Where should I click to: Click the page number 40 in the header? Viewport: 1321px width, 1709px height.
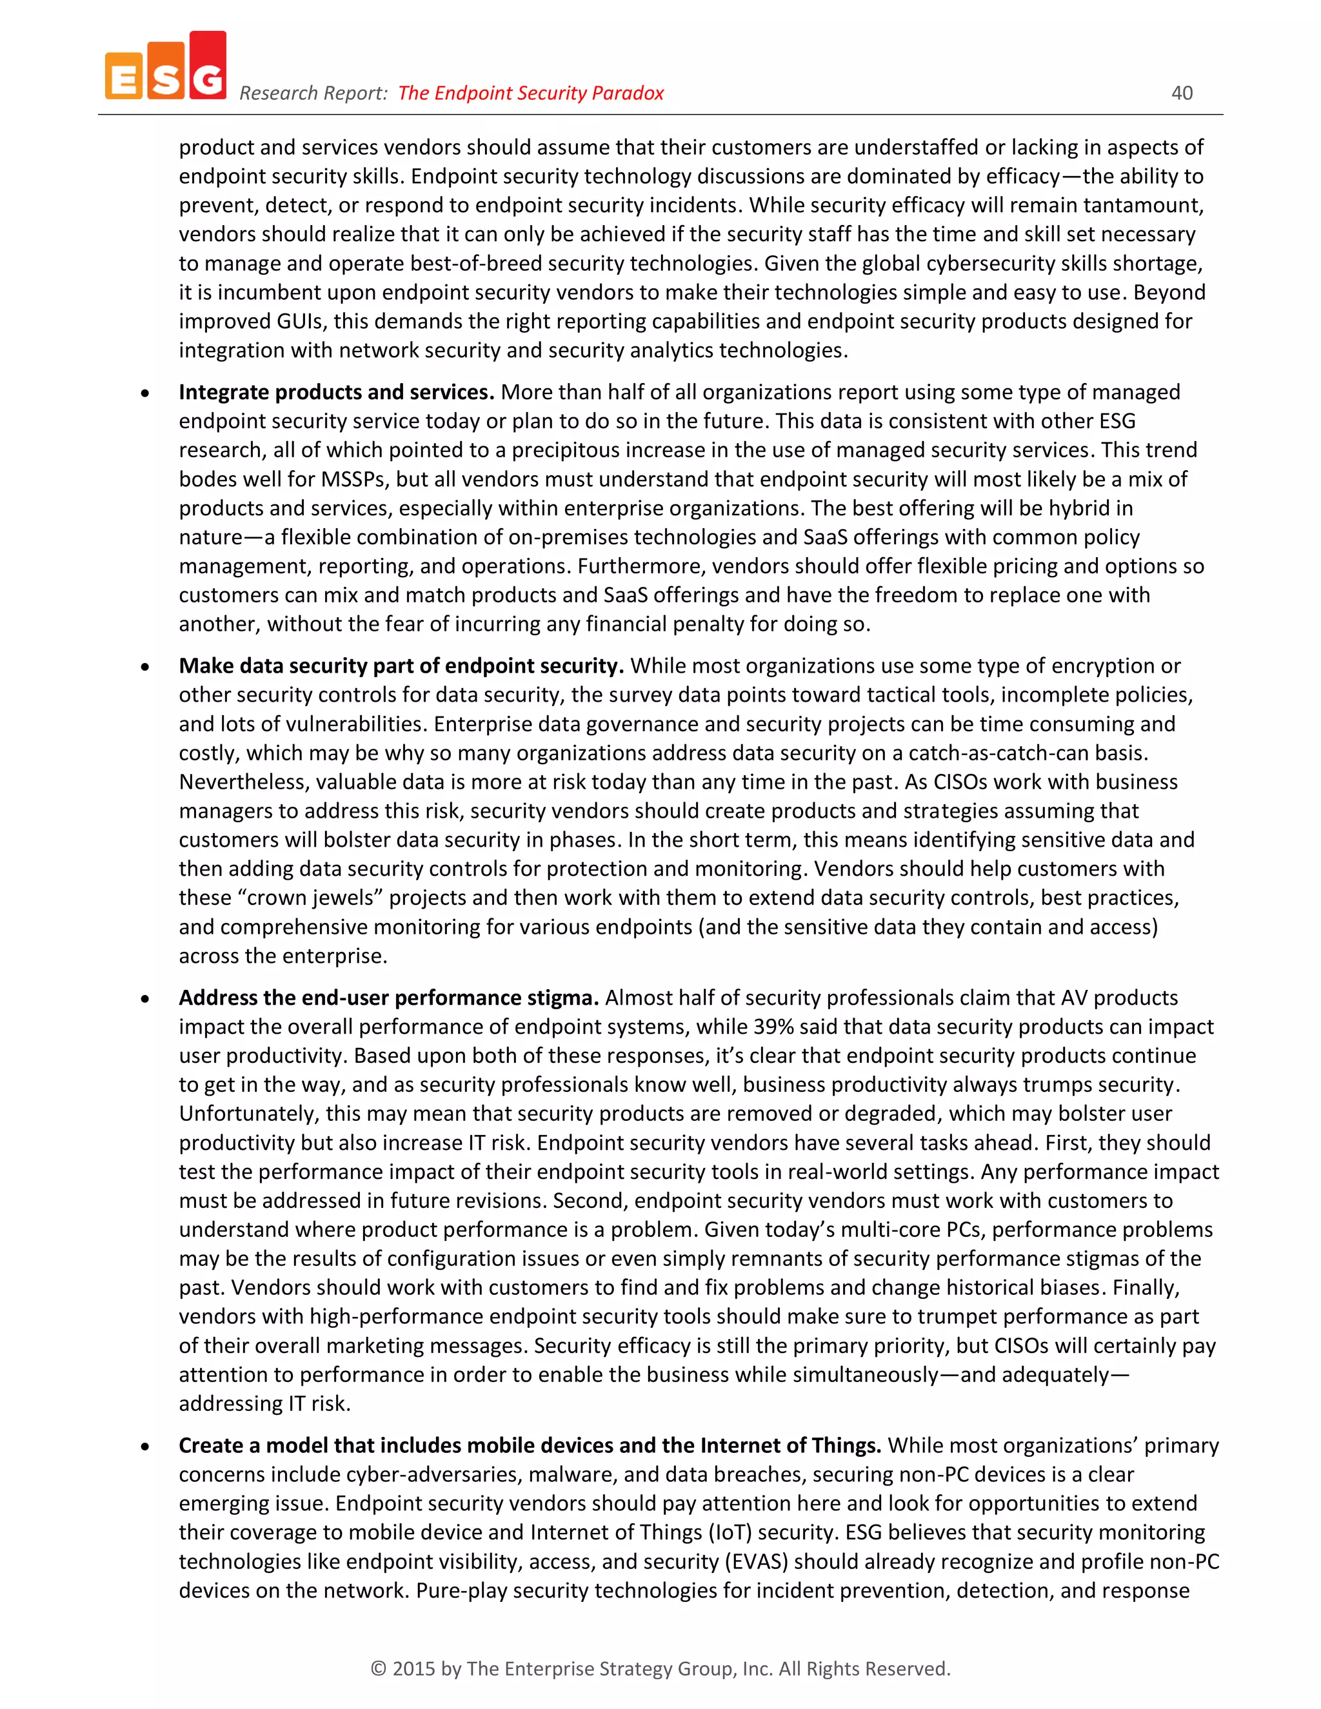pyautogui.click(x=1181, y=93)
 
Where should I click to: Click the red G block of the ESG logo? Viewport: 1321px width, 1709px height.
pyautogui.click(x=208, y=66)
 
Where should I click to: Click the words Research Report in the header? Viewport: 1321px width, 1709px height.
pyautogui.click(x=313, y=93)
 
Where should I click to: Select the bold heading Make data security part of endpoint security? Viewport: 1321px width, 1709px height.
pyautogui.click(x=401, y=666)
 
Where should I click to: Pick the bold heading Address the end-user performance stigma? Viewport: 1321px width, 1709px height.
pyautogui.click(x=388, y=998)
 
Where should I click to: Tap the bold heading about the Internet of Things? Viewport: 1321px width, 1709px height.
pyautogui.click(x=529, y=1445)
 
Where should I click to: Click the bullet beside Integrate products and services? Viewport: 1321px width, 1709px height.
pyautogui.click(x=144, y=393)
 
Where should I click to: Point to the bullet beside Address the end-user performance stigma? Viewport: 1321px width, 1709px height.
pyautogui.click(x=144, y=999)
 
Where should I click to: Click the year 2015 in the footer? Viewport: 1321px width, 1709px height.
pyautogui.click(x=413, y=1668)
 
